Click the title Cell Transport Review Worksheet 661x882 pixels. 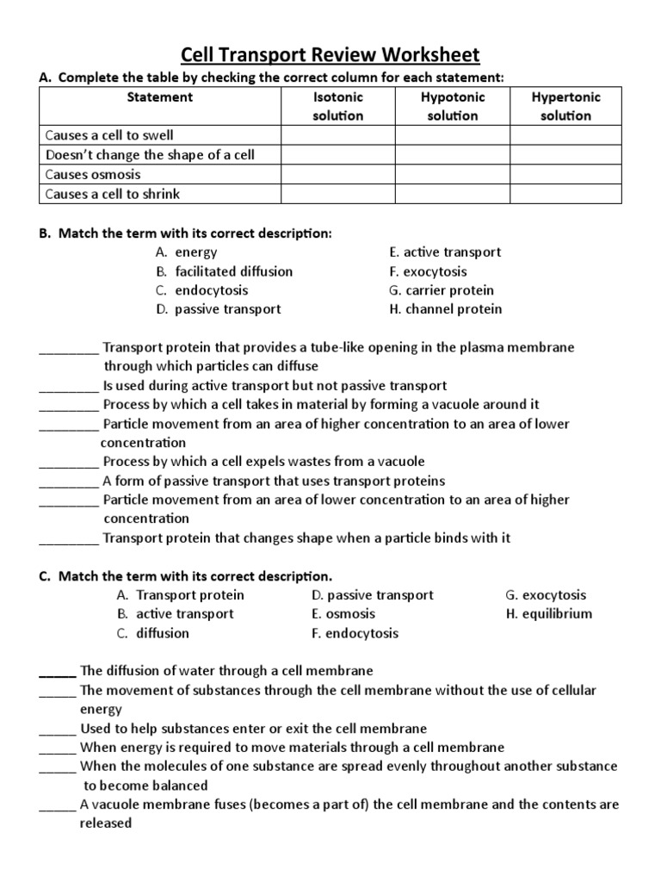pyautogui.click(x=330, y=56)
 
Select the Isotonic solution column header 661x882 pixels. pyautogui.click(x=337, y=106)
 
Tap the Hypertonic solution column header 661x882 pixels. pyautogui.click(x=565, y=106)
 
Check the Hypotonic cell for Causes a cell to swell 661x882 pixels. pyautogui.click(x=453, y=135)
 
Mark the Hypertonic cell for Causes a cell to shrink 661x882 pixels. pyautogui.click(x=565, y=194)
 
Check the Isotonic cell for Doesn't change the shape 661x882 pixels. pyautogui.click(x=337, y=155)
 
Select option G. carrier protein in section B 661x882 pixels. pyautogui.click(x=442, y=290)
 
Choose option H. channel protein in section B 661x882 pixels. pyautogui.click(x=445, y=309)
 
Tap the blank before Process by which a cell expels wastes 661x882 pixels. pyautogui.click(x=69, y=462)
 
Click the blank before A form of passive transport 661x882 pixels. pyautogui.click(x=69, y=481)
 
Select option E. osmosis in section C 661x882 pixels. pyautogui.click(x=343, y=614)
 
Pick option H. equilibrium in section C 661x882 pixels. pyautogui.click(x=548, y=614)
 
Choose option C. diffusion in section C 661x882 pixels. pyautogui.click(x=152, y=633)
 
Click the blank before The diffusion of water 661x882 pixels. pyautogui.click(x=58, y=671)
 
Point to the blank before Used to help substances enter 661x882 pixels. pyautogui.click(x=58, y=729)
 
